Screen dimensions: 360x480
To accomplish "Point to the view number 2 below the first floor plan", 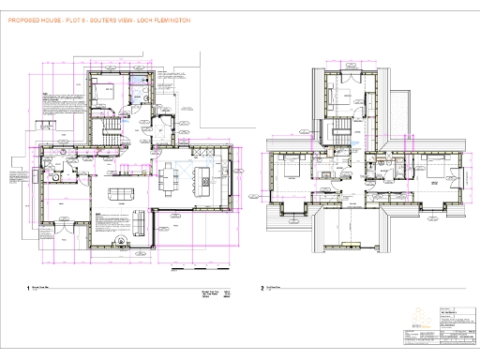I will click(x=263, y=290).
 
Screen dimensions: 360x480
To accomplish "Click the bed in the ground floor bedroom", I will click(x=104, y=92).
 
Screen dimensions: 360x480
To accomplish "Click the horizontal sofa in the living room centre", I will click(x=120, y=194).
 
